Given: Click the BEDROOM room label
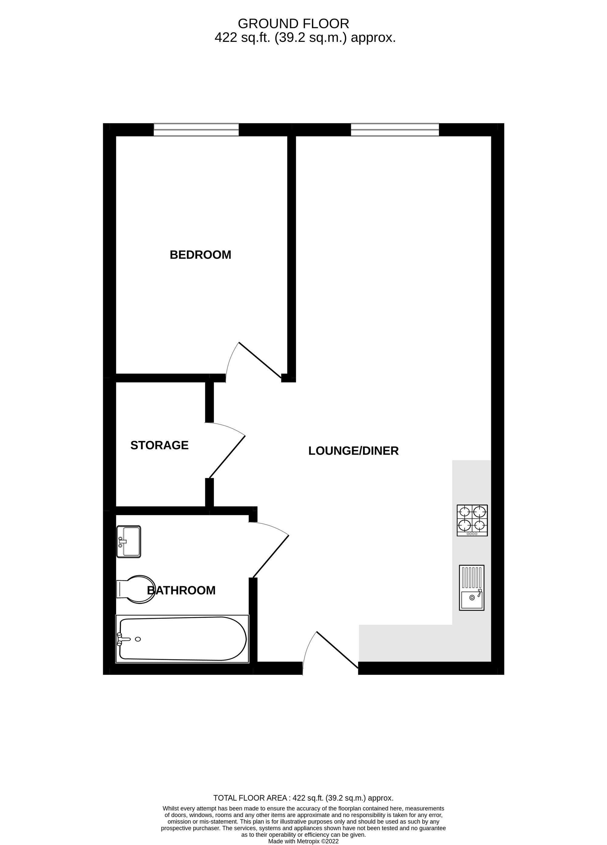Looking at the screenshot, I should pyautogui.click(x=200, y=255).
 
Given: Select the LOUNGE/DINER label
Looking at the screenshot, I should pyautogui.click(x=353, y=451).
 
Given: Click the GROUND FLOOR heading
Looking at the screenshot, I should pyautogui.click(x=293, y=24).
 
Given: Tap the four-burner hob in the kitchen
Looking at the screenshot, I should pyautogui.click(x=472, y=521).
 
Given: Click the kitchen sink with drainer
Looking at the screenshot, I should pyautogui.click(x=471, y=588).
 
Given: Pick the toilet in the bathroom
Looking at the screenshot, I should pyautogui.click(x=136, y=589).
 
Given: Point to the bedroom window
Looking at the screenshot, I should pyautogui.click(x=196, y=130).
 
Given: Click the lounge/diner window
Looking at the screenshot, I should pyautogui.click(x=395, y=130).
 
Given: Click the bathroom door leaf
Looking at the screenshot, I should pyautogui.click(x=271, y=556).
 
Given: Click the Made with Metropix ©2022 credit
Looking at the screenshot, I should pyautogui.click(x=303, y=841).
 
